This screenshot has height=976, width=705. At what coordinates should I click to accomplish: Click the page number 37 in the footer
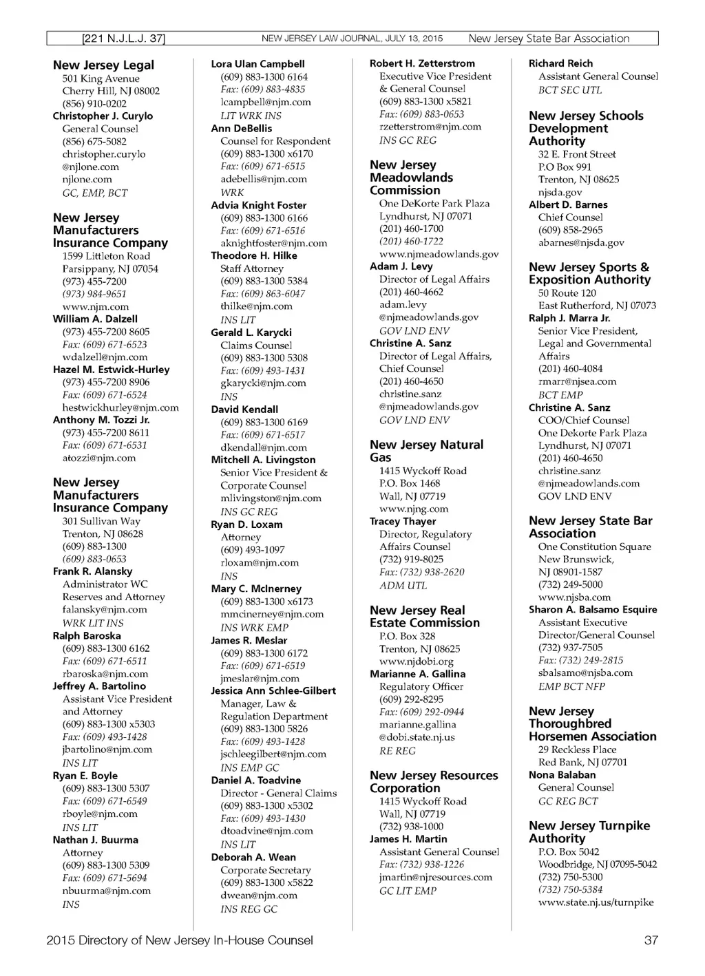click(x=651, y=940)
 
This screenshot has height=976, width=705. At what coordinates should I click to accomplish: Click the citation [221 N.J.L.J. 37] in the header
click(x=123, y=39)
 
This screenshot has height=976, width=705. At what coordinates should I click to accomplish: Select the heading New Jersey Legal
click(x=103, y=65)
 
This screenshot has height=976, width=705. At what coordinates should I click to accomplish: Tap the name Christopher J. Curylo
click(x=103, y=116)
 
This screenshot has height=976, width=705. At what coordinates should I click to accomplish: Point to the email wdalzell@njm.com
click(x=105, y=357)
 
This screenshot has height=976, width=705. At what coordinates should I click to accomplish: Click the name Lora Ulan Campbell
click(x=257, y=64)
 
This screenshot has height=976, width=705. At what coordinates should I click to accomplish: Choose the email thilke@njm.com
click(x=256, y=306)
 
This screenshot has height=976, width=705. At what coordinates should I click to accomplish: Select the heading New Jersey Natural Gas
click(x=426, y=451)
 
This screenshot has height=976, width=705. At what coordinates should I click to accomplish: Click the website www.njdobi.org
click(x=416, y=661)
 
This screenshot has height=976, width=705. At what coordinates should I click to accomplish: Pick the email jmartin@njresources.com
click(x=436, y=878)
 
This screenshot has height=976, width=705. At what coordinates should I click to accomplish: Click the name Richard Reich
click(x=560, y=63)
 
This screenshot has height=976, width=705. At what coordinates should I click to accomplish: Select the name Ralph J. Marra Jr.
click(x=569, y=318)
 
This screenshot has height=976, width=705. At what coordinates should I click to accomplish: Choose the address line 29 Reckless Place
click(x=577, y=750)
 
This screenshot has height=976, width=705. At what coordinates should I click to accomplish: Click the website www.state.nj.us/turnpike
click(x=596, y=902)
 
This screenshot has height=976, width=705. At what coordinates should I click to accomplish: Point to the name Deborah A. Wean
click(x=253, y=858)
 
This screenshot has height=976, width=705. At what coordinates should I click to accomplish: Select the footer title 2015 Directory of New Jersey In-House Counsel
click(x=180, y=940)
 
